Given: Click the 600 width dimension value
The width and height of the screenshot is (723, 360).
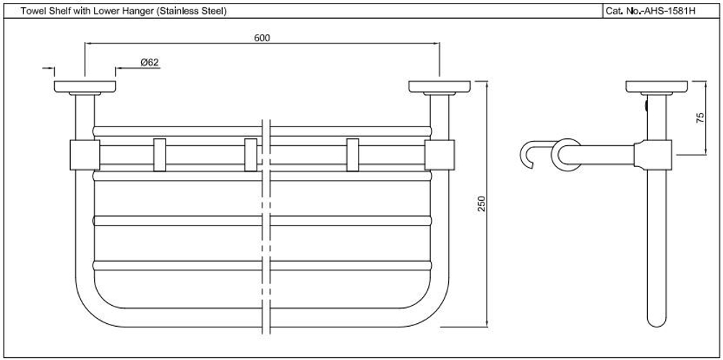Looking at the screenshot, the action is tap(262, 38).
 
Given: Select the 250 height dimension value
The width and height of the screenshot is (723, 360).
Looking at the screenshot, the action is tap(482, 204).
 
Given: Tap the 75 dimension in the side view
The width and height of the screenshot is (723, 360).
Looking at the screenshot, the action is tap(700, 118).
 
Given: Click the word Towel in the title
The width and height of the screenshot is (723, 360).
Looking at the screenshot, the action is tap(30, 12).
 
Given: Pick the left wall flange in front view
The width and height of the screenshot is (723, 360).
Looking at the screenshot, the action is tap(85, 86).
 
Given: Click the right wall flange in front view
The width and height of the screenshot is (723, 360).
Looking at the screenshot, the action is tap(440, 86).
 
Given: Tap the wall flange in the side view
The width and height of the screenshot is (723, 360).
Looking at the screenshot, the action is tap(656, 86).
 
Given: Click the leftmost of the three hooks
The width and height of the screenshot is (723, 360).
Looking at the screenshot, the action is tap(159, 155).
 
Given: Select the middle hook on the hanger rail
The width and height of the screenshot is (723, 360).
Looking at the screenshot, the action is tap(251, 155).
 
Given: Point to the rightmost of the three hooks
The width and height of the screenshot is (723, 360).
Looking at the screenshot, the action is tap(352, 155).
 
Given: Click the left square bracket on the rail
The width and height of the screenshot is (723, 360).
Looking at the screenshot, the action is tap(85, 155).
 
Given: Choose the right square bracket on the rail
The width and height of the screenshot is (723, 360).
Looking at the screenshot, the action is tap(440, 155).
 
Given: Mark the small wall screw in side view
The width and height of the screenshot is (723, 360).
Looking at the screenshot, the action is tap(646, 106).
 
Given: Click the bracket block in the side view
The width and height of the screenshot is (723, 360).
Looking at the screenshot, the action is tap(652, 154).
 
